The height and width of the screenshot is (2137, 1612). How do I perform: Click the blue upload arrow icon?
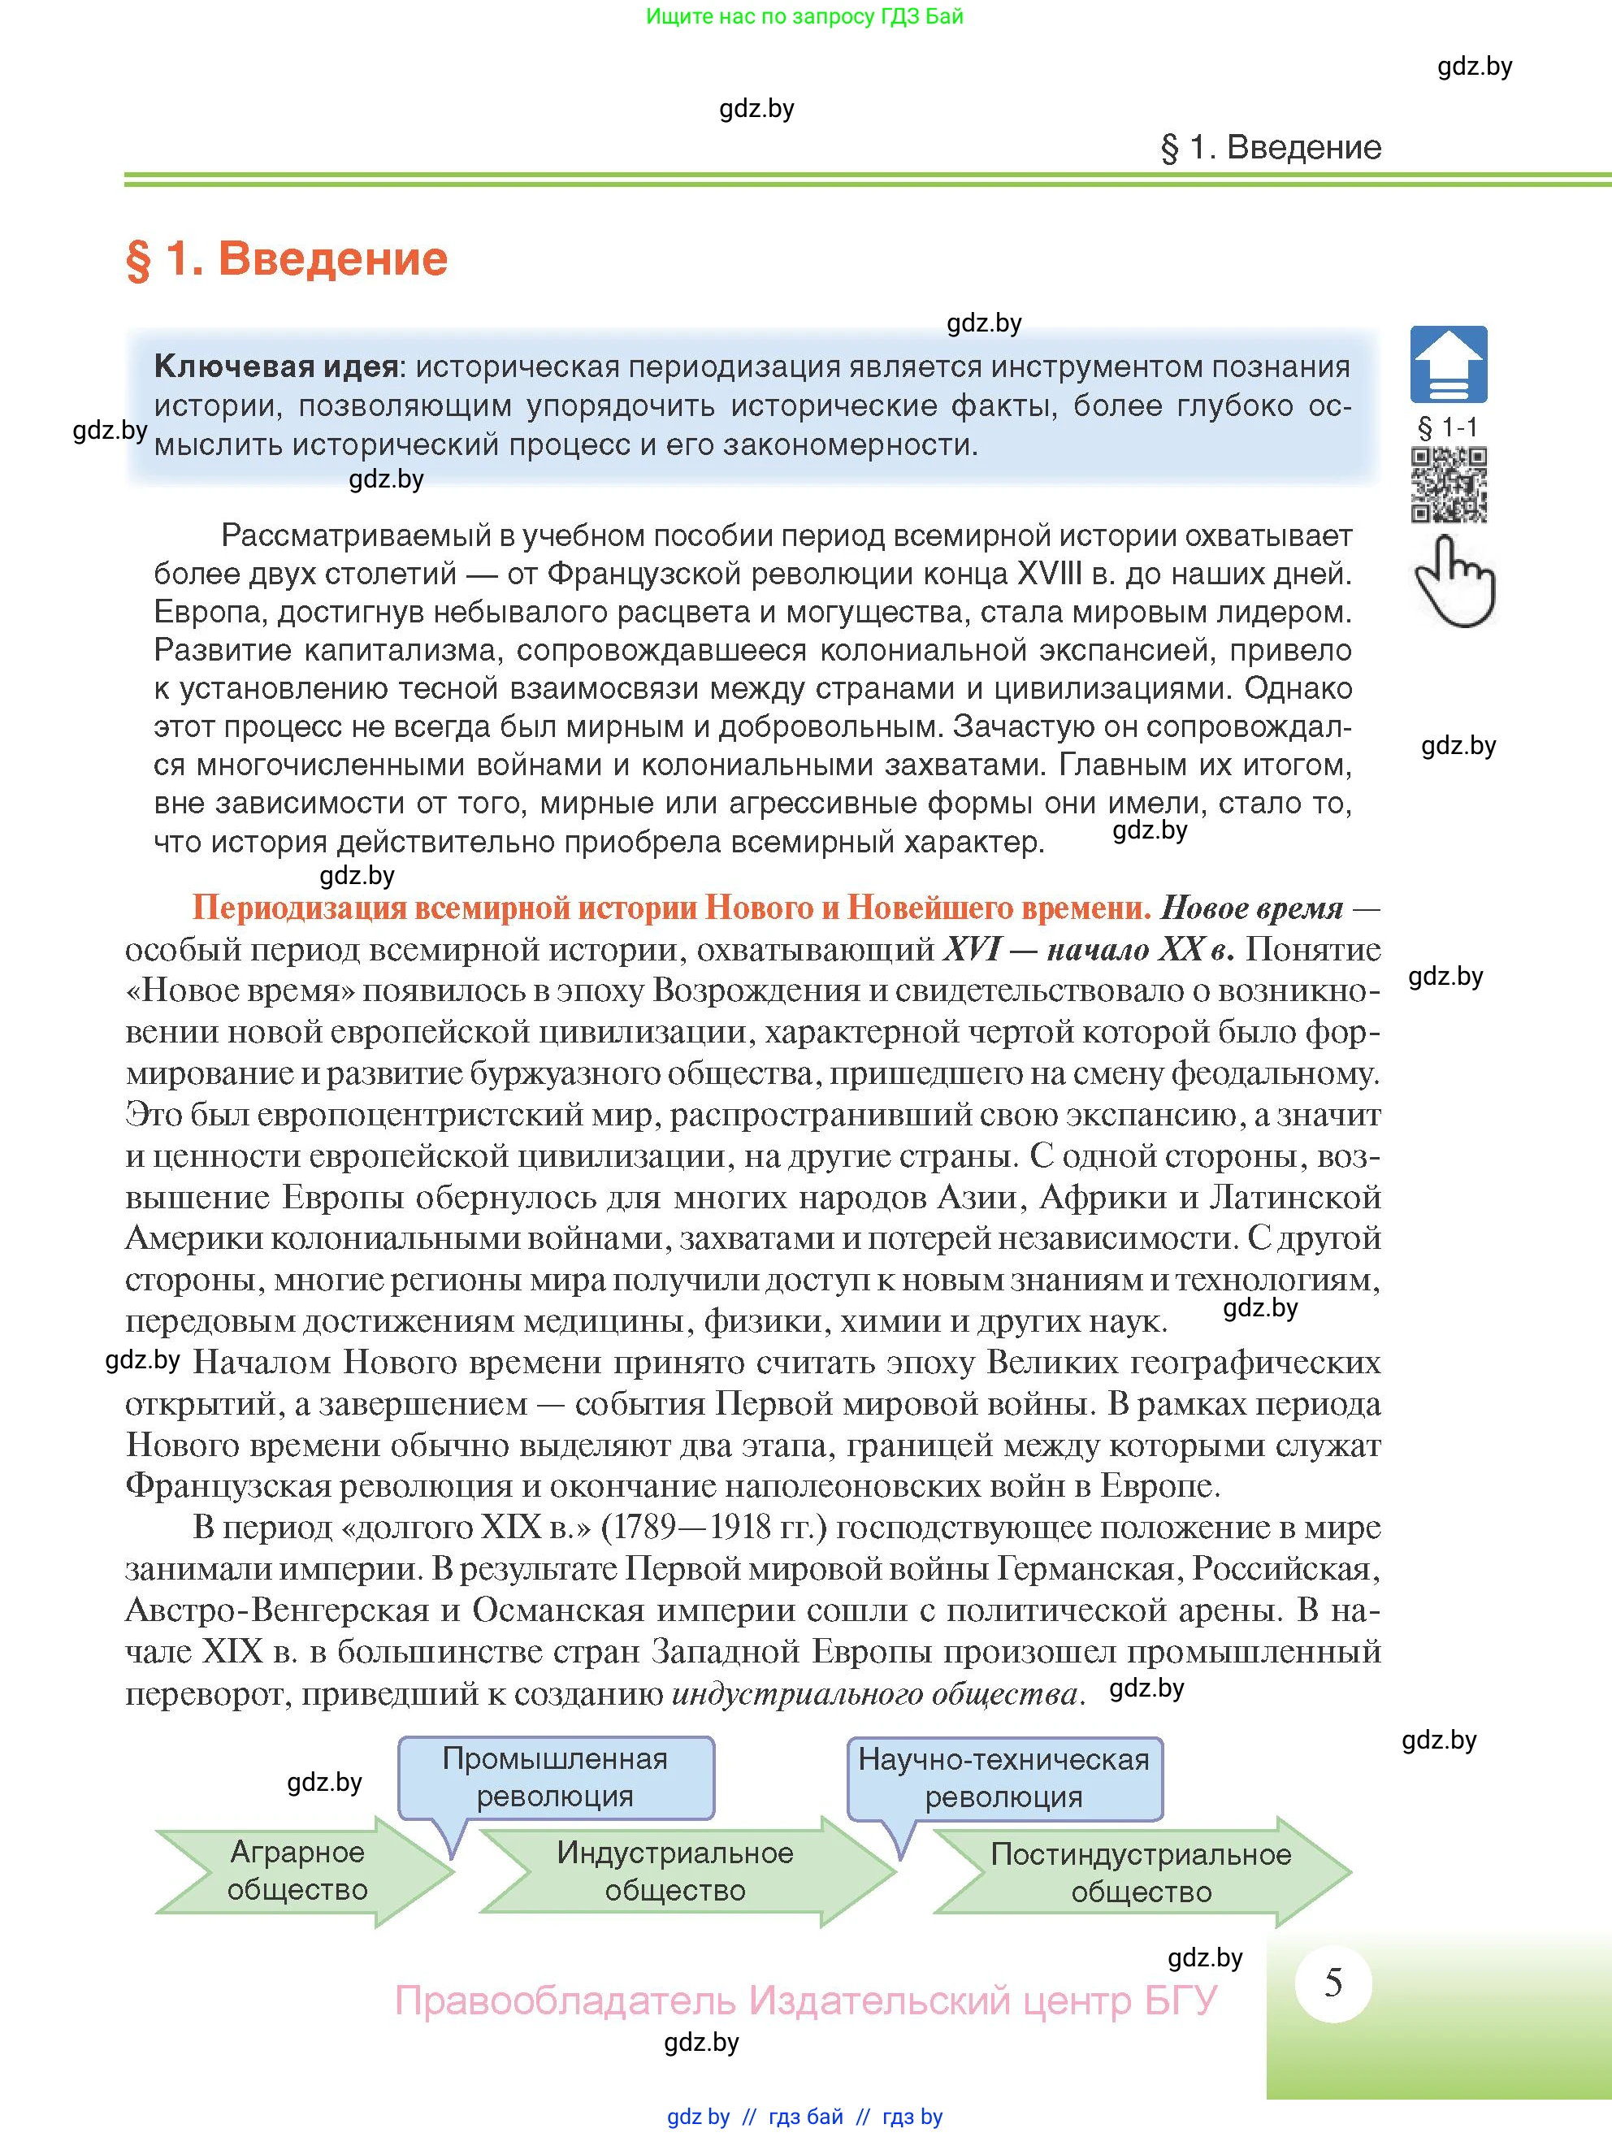(x=1448, y=364)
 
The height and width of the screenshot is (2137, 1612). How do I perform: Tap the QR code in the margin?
(x=1448, y=484)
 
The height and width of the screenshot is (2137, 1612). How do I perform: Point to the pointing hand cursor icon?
(x=1454, y=581)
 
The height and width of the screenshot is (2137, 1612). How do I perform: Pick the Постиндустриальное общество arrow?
(x=1140, y=1873)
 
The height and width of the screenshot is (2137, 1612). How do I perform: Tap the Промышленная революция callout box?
(x=556, y=1778)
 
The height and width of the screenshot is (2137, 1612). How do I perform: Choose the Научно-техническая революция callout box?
(x=1003, y=1778)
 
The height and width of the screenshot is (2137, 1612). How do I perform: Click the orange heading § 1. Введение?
(x=287, y=259)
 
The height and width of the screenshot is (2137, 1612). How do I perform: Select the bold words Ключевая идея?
(x=276, y=367)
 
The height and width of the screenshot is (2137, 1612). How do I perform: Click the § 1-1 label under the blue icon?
(x=1447, y=427)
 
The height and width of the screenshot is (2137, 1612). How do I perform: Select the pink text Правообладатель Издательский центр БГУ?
(x=805, y=2000)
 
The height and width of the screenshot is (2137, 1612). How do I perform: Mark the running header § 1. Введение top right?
(x=1270, y=148)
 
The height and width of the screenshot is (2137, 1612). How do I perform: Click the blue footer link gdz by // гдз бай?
(x=804, y=2117)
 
